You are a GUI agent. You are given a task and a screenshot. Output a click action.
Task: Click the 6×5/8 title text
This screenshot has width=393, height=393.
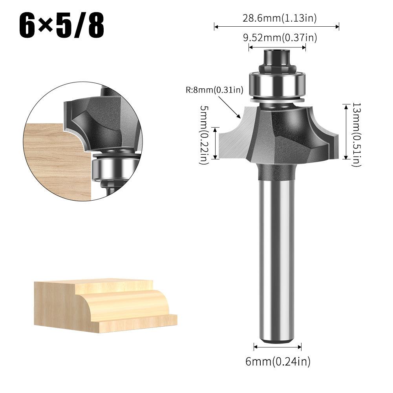62,26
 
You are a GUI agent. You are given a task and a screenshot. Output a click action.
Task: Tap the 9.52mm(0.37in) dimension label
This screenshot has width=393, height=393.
277,38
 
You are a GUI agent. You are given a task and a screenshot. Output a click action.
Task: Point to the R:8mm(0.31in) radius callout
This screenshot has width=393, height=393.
214,90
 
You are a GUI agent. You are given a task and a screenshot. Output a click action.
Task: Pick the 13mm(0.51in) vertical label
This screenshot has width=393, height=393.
356,135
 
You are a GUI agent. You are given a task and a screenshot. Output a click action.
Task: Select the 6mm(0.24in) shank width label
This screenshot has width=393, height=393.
278,361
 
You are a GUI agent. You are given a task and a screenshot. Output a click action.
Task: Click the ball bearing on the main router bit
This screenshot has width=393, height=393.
277,84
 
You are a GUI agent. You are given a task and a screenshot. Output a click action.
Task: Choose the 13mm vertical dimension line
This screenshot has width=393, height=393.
345,132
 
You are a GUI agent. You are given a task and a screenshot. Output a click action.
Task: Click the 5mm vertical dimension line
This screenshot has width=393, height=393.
215,143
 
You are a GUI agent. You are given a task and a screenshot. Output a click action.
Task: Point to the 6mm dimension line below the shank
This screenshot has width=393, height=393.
278,347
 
